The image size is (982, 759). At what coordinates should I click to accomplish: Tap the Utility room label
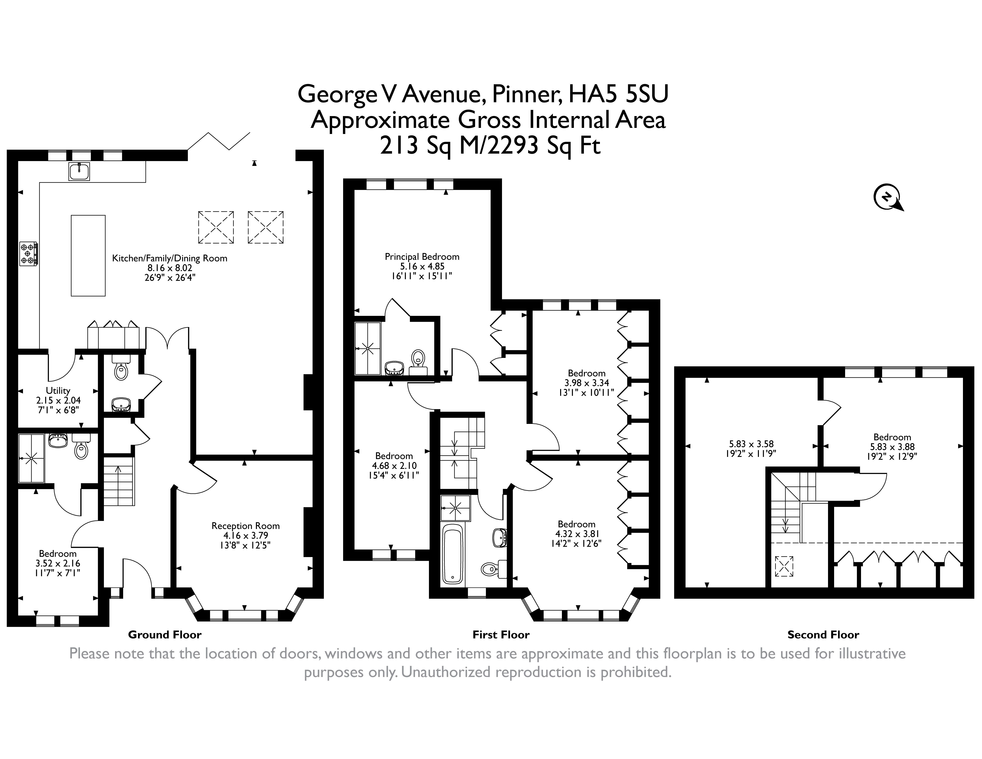[58, 390]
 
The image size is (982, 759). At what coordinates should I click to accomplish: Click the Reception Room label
[245, 526]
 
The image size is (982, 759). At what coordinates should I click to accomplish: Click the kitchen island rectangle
[88, 255]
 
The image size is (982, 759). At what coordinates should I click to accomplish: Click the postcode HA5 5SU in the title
[619, 94]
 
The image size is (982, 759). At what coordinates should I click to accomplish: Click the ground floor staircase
[119, 481]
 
